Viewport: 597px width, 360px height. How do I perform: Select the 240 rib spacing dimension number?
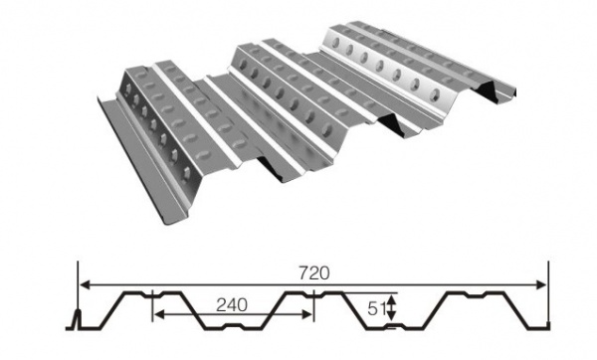pyautogui.click(x=232, y=305)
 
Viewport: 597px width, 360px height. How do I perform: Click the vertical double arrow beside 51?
pyautogui.click(x=394, y=308)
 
